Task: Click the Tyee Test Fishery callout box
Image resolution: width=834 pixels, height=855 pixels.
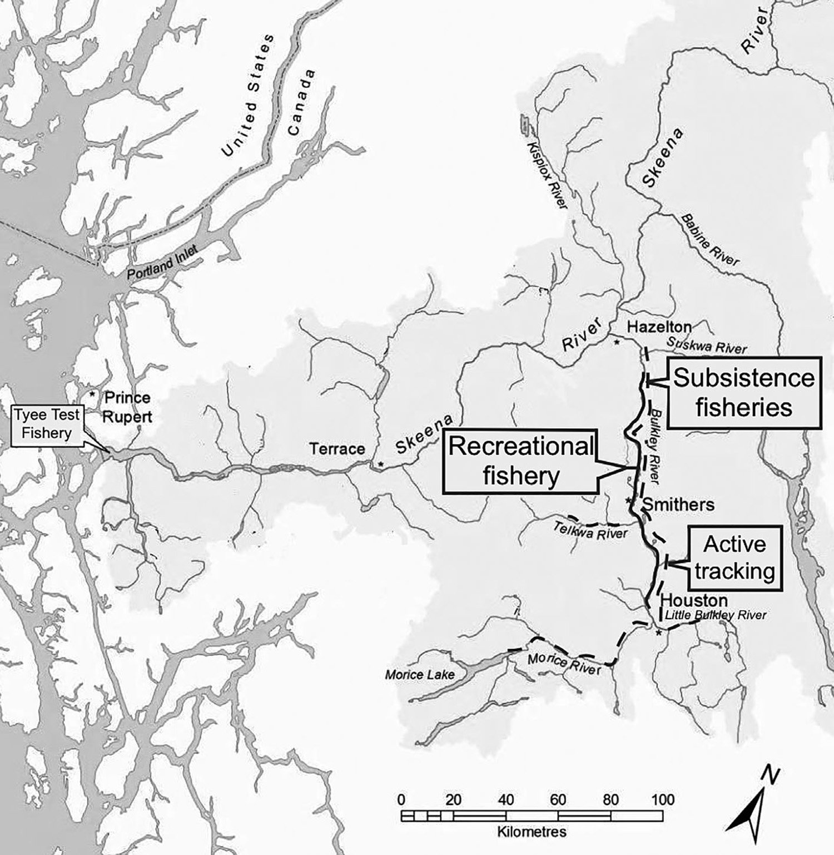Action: coord(47,424)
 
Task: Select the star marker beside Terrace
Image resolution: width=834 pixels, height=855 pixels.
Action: coord(380,463)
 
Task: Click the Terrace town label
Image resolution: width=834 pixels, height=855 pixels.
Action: coord(337,448)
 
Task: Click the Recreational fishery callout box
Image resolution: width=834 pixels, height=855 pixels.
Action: coord(521,461)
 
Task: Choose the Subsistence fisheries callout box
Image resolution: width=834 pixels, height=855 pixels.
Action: coord(743,393)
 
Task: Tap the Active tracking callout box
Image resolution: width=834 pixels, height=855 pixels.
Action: coord(734,557)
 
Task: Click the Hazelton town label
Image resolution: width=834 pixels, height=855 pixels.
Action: coord(659,327)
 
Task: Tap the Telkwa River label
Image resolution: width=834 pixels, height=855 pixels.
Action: coord(590,531)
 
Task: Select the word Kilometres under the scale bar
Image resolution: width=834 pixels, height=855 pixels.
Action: coord(532,832)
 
